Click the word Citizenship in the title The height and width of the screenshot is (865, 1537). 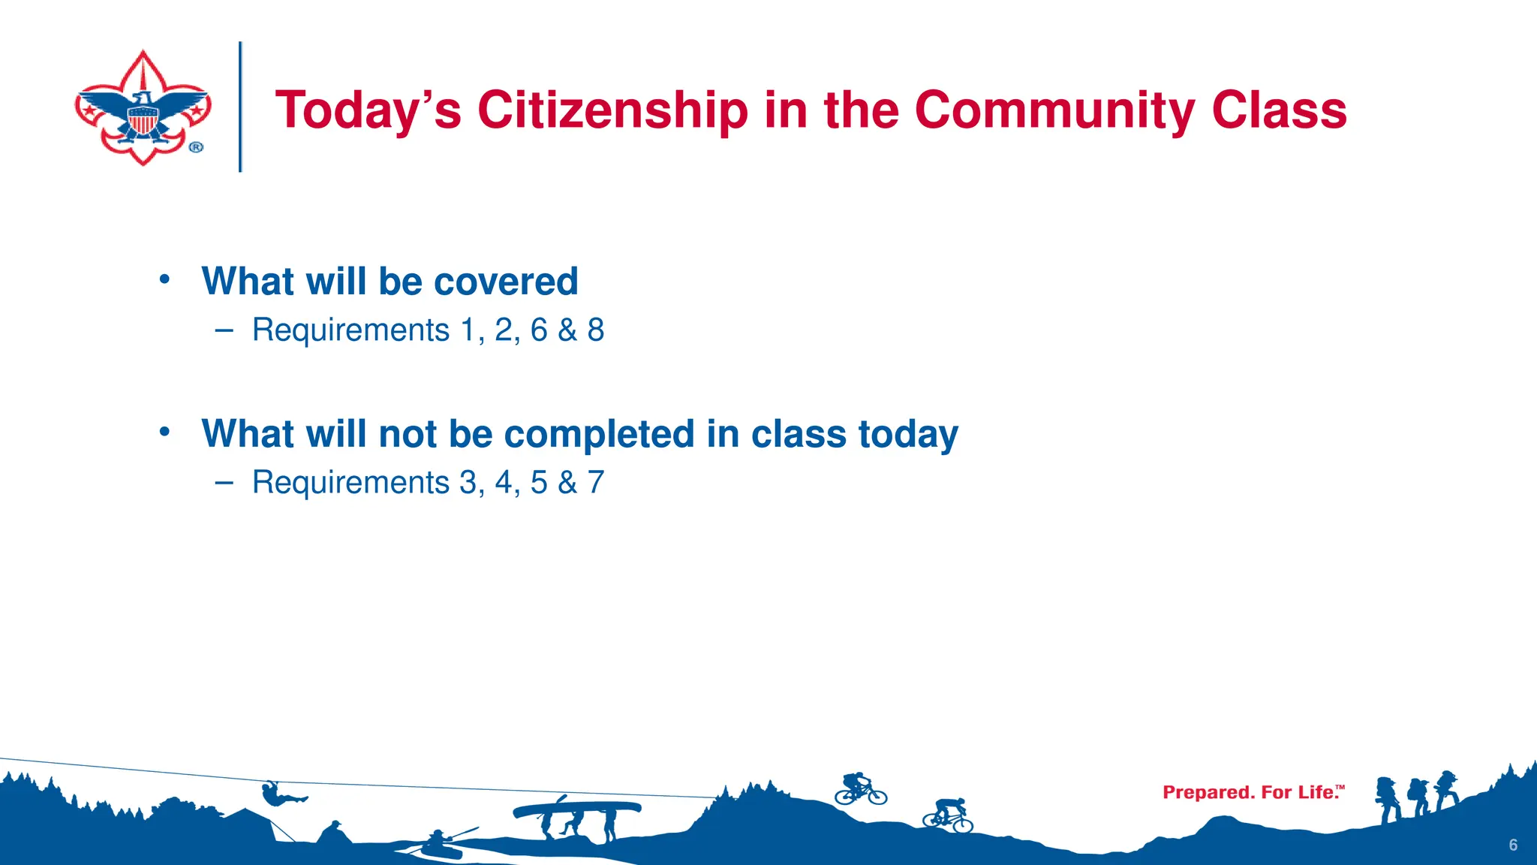point(612,110)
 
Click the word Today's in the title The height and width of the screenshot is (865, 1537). point(368,110)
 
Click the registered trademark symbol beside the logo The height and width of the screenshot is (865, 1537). point(196,147)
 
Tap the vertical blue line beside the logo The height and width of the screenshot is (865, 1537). point(240,107)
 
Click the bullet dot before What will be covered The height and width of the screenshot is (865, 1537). point(164,279)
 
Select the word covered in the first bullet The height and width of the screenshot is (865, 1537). point(506,282)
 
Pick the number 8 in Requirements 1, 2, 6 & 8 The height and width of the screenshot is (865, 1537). point(596,330)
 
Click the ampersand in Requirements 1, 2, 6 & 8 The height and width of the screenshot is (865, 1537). point(567,330)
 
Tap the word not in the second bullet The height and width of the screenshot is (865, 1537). point(408,434)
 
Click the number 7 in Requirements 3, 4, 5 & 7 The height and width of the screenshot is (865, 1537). point(596,483)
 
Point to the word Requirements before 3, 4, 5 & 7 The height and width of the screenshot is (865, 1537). point(350,483)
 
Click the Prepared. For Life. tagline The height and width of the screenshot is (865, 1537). point(1253,792)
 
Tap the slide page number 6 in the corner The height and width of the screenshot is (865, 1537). point(1513,845)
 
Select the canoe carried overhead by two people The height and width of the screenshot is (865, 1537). point(576,809)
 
